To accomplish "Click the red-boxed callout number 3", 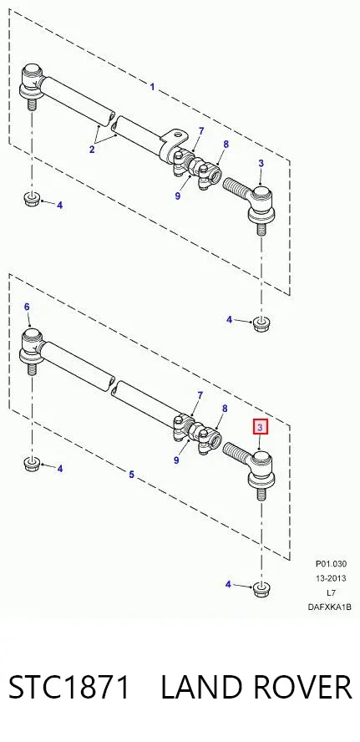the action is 260,428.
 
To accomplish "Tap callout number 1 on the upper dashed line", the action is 152,87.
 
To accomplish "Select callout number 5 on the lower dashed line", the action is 131,474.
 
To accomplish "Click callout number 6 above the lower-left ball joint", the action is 27,307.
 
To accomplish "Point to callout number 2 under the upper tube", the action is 92,150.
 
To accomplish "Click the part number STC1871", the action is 69,687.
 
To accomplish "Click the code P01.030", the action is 331,563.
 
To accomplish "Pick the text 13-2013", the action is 331,577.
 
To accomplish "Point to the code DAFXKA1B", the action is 330,607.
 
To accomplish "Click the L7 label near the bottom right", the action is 331,592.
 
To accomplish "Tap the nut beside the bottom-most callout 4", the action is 259,589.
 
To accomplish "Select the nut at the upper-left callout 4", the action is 31,199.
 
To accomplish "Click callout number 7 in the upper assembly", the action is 201,131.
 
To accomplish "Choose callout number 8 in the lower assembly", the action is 225,409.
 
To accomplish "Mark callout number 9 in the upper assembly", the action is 177,195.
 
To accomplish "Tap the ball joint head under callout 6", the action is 33,344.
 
